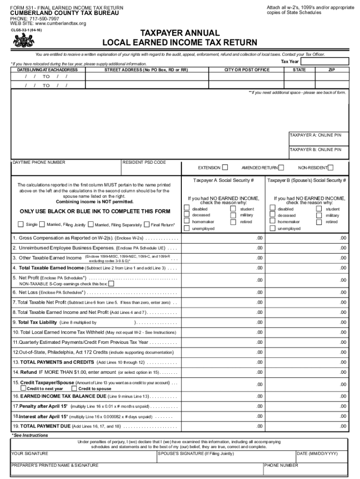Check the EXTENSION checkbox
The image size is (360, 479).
point(225,167)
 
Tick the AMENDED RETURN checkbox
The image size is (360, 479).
point(281,167)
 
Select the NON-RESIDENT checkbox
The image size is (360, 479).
point(331,167)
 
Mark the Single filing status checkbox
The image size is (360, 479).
point(21,225)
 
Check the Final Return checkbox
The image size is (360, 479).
point(147,225)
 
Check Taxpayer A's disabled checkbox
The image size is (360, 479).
point(187,209)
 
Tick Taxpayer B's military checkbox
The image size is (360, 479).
point(319,215)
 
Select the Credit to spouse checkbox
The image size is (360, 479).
point(74,388)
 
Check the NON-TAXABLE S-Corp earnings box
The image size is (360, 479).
point(111,283)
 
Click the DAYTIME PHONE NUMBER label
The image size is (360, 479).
point(39,162)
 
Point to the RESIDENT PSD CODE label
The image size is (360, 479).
point(144,162)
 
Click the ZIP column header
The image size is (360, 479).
point(331,70)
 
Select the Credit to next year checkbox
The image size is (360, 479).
point(23,388)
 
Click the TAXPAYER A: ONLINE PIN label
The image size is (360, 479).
point(315,135)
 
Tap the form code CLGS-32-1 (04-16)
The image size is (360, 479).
point(26,30)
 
